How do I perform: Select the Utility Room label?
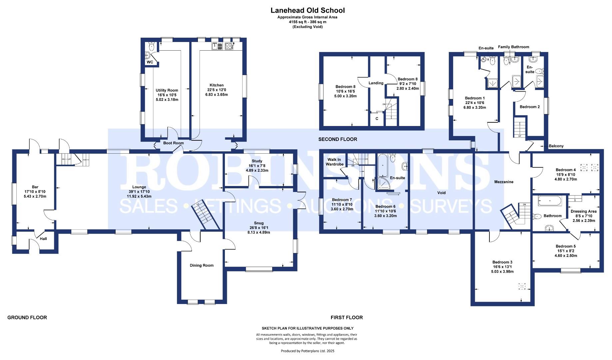[x=167, y=90]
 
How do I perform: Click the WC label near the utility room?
[x=150, y=62]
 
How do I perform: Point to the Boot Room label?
[x=173, y=143]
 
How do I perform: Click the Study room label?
[x=257, y=161]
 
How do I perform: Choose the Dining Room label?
[x=202, y=265]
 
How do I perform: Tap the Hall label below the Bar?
[x=43, y=239]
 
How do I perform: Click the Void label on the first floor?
[x=441, y=193]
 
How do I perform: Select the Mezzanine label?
[x=503, y=182]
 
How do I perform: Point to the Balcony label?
[x=556, y=146]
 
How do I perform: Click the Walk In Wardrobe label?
[x=334, y=162]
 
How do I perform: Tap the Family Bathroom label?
[x=513, y=47]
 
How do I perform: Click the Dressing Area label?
[x=583, y=211]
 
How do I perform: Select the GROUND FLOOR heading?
[x=27, y=318]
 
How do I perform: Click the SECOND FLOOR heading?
[x=337, y=139]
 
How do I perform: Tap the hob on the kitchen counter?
[x=229, y=46]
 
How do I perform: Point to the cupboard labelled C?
[x=377, y=118]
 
